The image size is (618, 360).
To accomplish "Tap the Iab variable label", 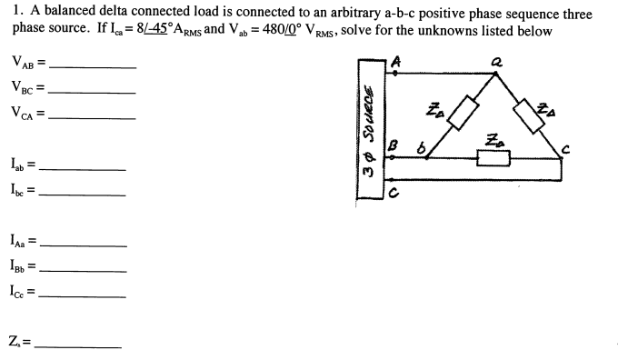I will (20, 165).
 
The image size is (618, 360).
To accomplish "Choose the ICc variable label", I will (22, 292).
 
